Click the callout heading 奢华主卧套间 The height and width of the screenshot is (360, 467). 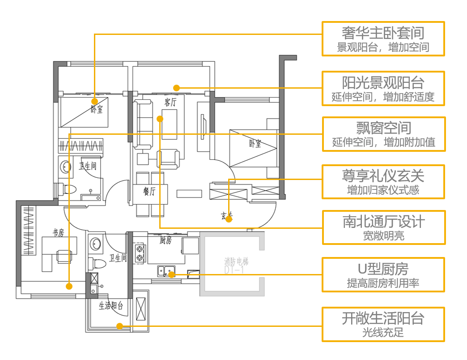coord(383,32)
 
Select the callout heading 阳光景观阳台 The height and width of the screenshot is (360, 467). coord(383,82)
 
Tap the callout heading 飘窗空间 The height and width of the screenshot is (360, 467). coord(383,128)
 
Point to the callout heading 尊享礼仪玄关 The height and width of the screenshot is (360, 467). coord(383,176)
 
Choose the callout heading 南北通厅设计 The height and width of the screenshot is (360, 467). coord(384,222)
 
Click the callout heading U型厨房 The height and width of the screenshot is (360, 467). coord(383,269)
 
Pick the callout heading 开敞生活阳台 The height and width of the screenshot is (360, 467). coord(383,318)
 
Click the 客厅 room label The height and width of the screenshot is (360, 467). coord(170,103)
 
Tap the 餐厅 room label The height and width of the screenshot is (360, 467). coord(149,192)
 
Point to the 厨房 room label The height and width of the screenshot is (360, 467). coord(166,240)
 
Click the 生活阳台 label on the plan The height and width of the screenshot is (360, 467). coord(111,306)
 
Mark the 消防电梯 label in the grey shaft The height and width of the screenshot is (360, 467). coord(236,261)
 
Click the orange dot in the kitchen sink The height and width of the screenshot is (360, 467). coord(172,274)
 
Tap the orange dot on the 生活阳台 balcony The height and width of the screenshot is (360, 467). coord(119,326)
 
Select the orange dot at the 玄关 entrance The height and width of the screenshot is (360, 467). coord(229,219)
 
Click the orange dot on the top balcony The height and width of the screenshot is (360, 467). coord(177,88)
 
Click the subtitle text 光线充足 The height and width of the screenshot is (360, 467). coord(383,332)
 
